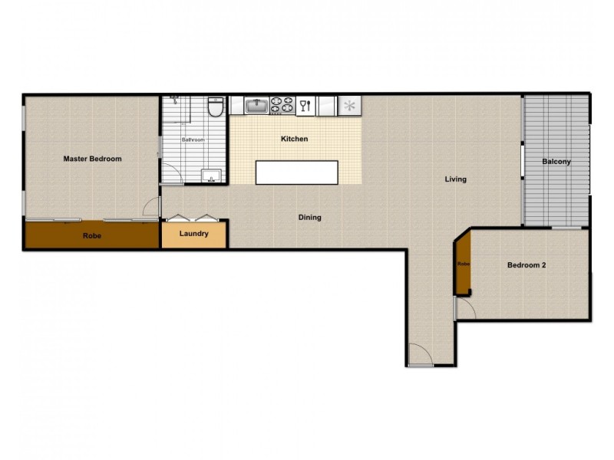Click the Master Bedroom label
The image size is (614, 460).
click(x=92, y=159)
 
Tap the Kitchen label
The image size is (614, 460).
click(x=295, y=139)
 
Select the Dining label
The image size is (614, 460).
click(x=310, y=218)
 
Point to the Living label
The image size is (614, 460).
click(x=455, y=179)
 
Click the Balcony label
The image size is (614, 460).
click(x=556, y=162)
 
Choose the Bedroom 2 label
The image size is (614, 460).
click(x=527, y=265)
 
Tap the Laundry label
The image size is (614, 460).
click(x=194, y=234)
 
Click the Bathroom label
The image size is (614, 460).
click(x=193, y=140)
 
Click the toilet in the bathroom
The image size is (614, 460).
click(x=216, y=107)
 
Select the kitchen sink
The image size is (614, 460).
click(x=257, y=106)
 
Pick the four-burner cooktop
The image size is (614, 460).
click(x=282, y=106)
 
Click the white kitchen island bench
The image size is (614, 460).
click(x=297, y=172)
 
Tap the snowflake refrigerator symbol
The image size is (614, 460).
click(x=349, y=106)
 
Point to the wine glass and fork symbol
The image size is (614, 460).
click(x=305, y=106)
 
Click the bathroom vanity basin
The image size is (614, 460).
click(x=212, y=176)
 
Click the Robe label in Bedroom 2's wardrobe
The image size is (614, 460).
click(x=464, y=264)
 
